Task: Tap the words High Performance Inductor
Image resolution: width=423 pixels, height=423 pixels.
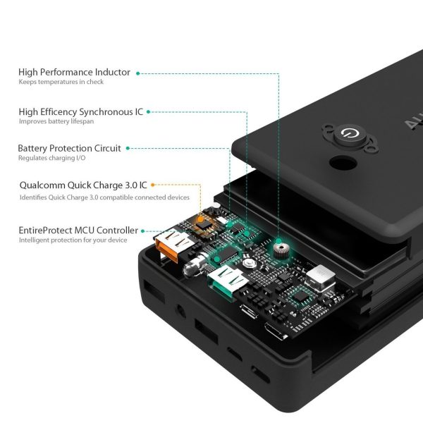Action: [74, 73]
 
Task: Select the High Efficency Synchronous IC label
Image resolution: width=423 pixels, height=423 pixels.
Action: [81, 111]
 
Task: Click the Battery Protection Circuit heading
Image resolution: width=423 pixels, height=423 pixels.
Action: [69, 148]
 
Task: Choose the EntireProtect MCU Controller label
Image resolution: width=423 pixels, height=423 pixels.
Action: [78, 230]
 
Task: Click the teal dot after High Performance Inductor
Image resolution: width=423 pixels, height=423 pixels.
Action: [137, 73]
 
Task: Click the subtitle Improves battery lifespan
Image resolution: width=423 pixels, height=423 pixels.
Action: [56, 121]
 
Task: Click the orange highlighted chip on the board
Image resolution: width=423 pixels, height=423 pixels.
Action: [205, 220]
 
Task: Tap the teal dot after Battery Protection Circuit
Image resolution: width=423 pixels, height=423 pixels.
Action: [128, 148]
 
